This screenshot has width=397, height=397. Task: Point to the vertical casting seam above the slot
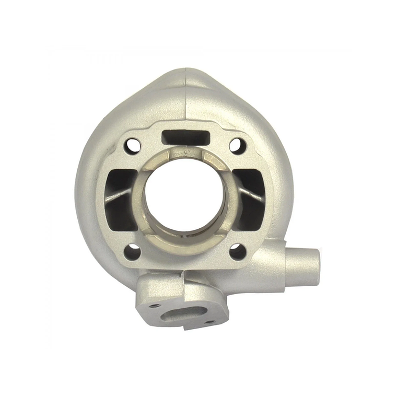pos(185,99)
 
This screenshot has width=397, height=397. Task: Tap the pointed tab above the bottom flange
pos(182,273)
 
